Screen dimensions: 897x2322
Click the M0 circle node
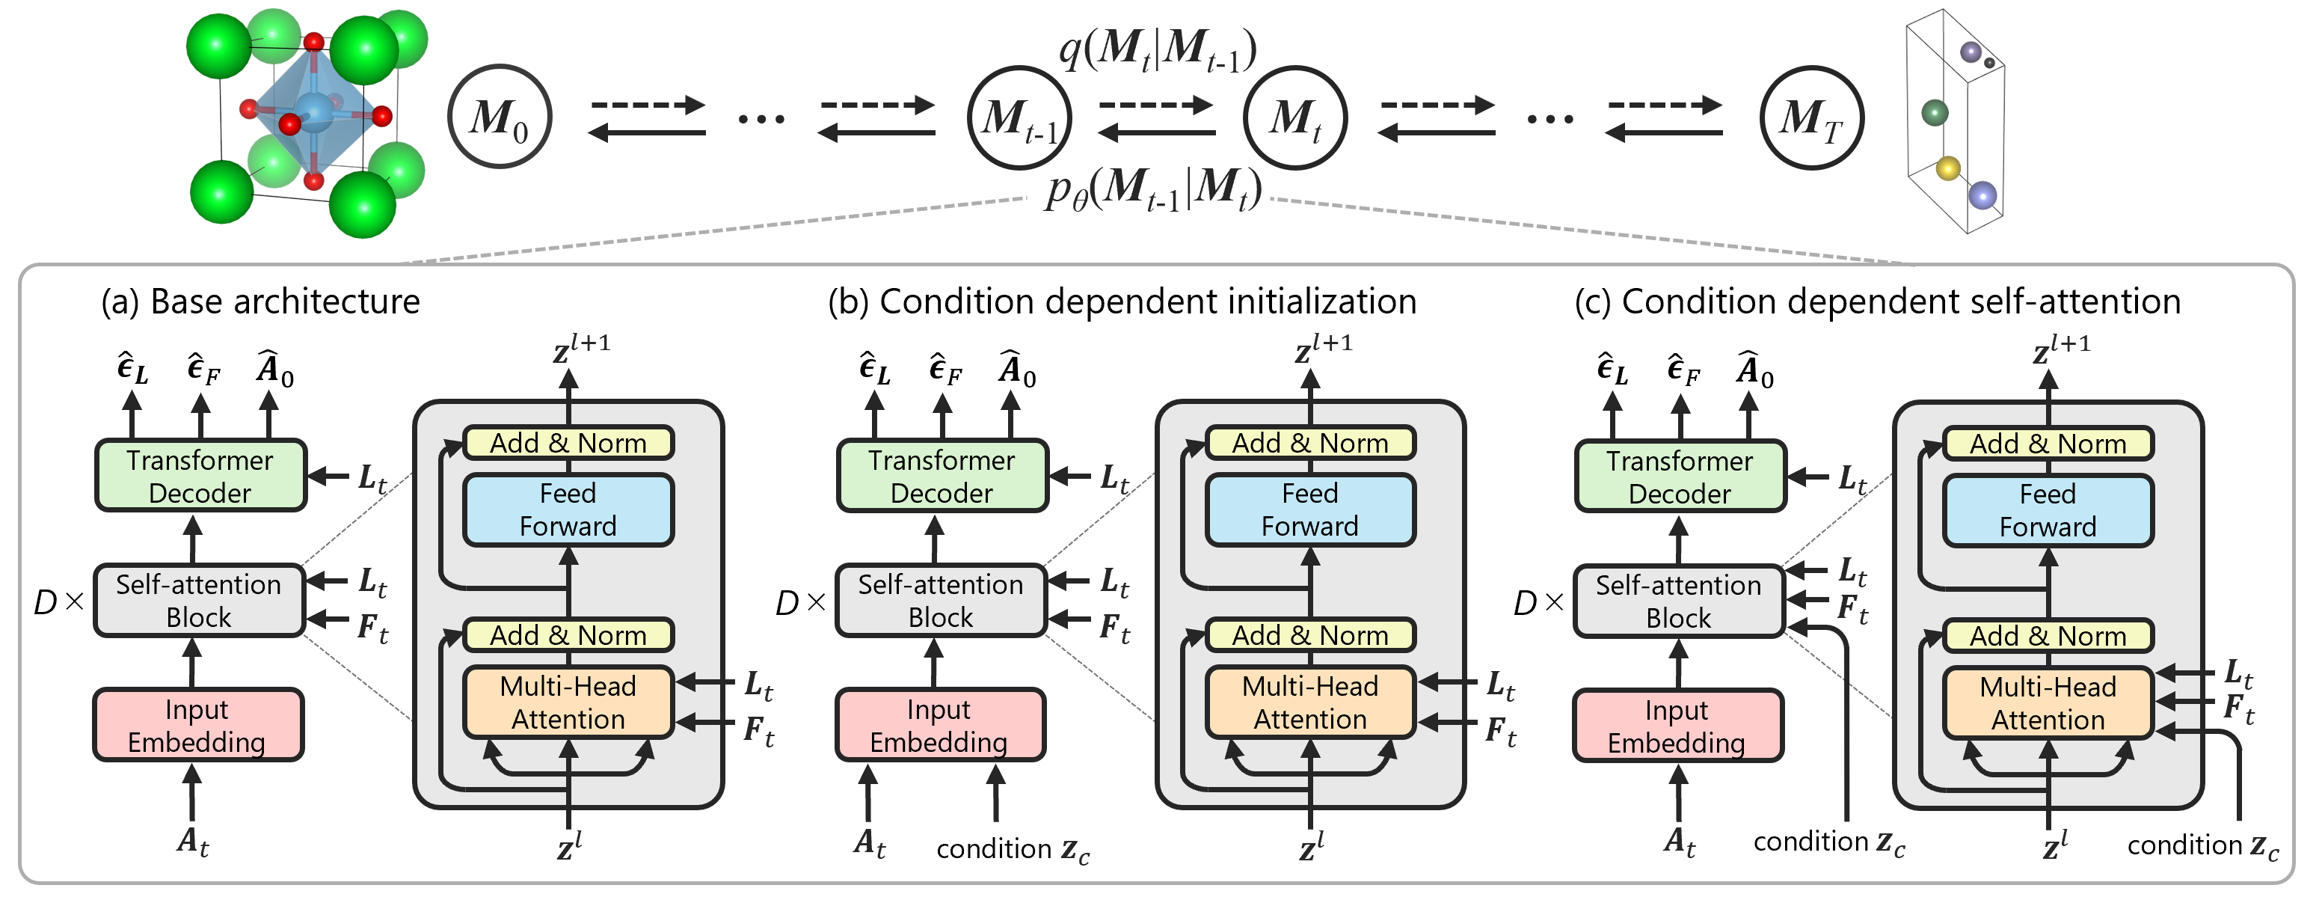500,116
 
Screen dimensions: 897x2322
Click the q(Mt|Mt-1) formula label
1158,49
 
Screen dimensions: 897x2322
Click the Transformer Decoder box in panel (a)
200,476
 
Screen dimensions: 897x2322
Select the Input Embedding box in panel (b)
939,726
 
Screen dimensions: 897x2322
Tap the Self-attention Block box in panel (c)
1678,601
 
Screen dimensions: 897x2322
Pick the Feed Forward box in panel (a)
568,509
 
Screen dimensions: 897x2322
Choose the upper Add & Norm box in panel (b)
1309,443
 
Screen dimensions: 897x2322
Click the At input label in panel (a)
193,841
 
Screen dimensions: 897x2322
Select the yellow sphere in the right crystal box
1948,168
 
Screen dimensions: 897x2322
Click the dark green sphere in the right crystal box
1935,113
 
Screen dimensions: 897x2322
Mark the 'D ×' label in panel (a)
58,602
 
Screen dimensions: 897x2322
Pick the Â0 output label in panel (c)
1754,370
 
